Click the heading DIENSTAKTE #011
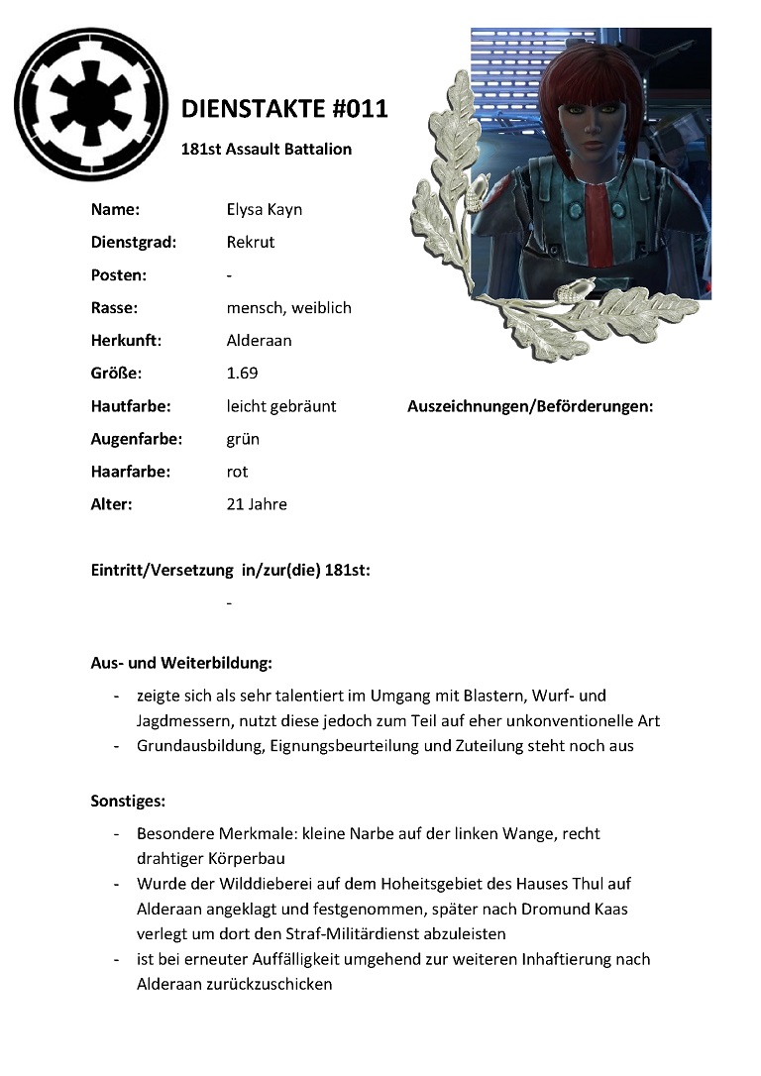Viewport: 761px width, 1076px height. (x=285, y=109)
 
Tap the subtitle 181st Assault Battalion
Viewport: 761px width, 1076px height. (x=267, y=150)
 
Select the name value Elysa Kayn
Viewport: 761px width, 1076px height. (x=265, y=210)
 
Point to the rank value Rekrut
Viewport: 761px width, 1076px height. (x=251, y=243)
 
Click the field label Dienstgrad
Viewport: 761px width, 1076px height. (x=134, y=243)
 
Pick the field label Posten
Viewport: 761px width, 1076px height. (x=119, y=275)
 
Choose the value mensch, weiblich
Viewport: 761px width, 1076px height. (x=288, y=308)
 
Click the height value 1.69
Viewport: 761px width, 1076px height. (x=243, y=374)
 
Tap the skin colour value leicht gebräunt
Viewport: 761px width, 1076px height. (x=281, y=406)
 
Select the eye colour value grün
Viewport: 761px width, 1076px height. (x=243, y=439)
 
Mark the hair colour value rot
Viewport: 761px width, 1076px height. (x=237, y=472)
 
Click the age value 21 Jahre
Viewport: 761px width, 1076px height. (x=257, y=504)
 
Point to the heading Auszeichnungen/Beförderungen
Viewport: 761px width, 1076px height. (x=530, y=406)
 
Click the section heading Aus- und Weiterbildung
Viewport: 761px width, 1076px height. (x=181, y=662)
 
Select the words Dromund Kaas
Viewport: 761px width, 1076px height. (x=581, y=909)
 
